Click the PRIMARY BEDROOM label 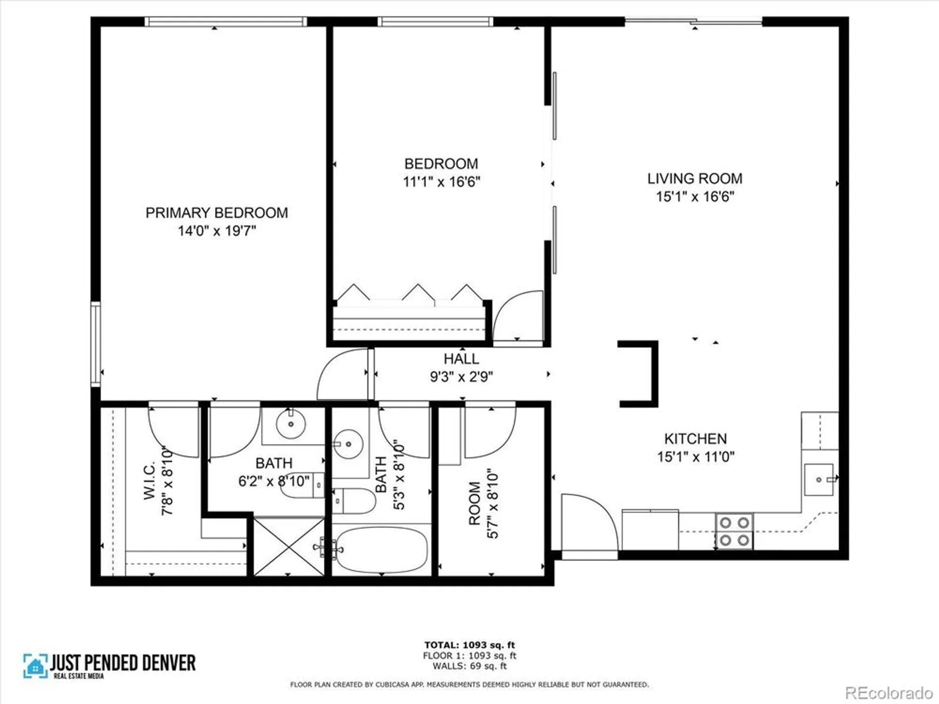(x=216, y=213)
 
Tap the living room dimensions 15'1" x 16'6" (x=694, y=196)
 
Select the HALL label (x=461, y=359)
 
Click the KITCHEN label (x=695, y=438)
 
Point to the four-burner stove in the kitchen (x=734, y=531)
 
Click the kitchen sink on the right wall (x=819, y=479)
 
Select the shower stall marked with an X (x=289, y=547)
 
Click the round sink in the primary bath (x=291, y=423)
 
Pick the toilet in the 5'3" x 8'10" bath (x=354, y=501)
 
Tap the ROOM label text (x=475, y=503)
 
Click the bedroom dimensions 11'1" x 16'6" (x=441, y=182)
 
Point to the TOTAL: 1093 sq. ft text (x=469, y=645)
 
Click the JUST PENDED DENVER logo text (x=123, y=663)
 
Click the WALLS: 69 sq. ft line (x=469, y=666)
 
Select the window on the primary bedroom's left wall (x=96, y=344)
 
